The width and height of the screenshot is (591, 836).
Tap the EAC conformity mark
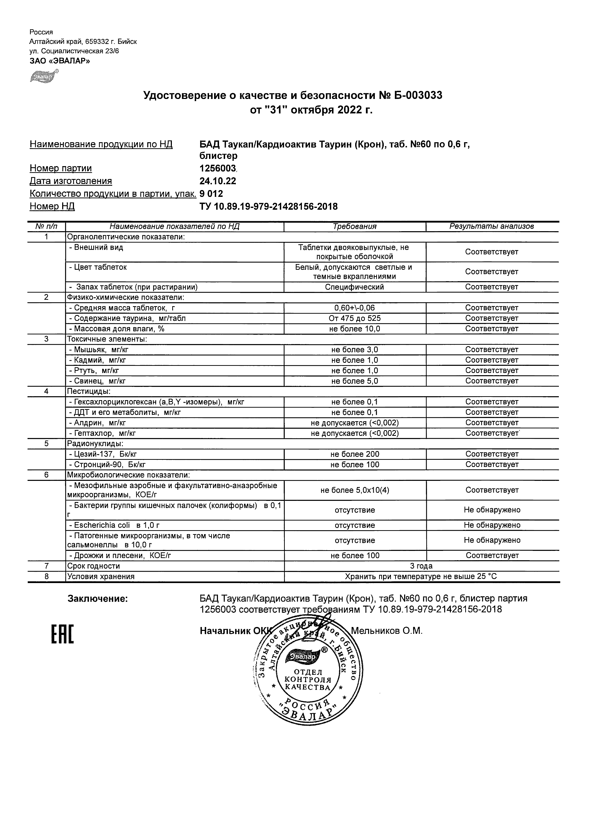click(x=62, y=634)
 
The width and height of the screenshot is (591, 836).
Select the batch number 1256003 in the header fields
click(x=218, y=168)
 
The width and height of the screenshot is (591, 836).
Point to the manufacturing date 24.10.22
click(x=218, y=181)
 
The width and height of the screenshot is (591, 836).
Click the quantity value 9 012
click(x=211, y=194)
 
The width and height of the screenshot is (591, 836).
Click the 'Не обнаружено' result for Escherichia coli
click(x=492, y=525)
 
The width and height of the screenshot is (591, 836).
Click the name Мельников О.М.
click(x=386, y=631)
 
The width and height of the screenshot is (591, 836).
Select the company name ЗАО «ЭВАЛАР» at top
click(x=60, y=61)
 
